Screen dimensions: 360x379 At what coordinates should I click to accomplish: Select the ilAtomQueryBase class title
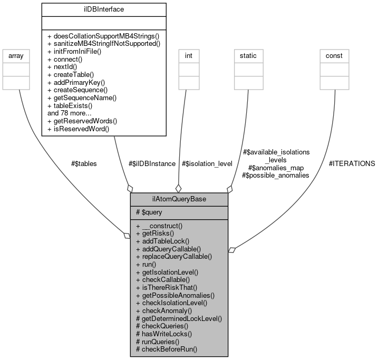pyautogui.click(x=179, y=199)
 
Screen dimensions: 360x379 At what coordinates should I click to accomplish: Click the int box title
pyautogui.click(x=188, y=55)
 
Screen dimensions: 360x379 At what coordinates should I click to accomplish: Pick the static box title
pyautogui.click(x=248, y=55)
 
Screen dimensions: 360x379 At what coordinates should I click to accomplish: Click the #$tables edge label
pyautogui.click(x=84, y=163)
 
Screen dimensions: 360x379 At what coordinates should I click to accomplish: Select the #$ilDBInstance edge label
pyautogui.click(x=152, y=163)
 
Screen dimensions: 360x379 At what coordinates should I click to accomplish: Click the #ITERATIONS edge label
pyautogui.click(x=352, y=163)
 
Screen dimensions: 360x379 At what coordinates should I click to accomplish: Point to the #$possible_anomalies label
pyautogui.click(x=275, y=175)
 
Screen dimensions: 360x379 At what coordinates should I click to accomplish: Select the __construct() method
pyautogui.click(x=161, y=226)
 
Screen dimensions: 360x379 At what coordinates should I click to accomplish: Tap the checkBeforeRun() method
pyautogui.click(x=167, y=349)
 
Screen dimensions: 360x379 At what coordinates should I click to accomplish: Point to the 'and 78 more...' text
pyautogui.click(x=70, y=113)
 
